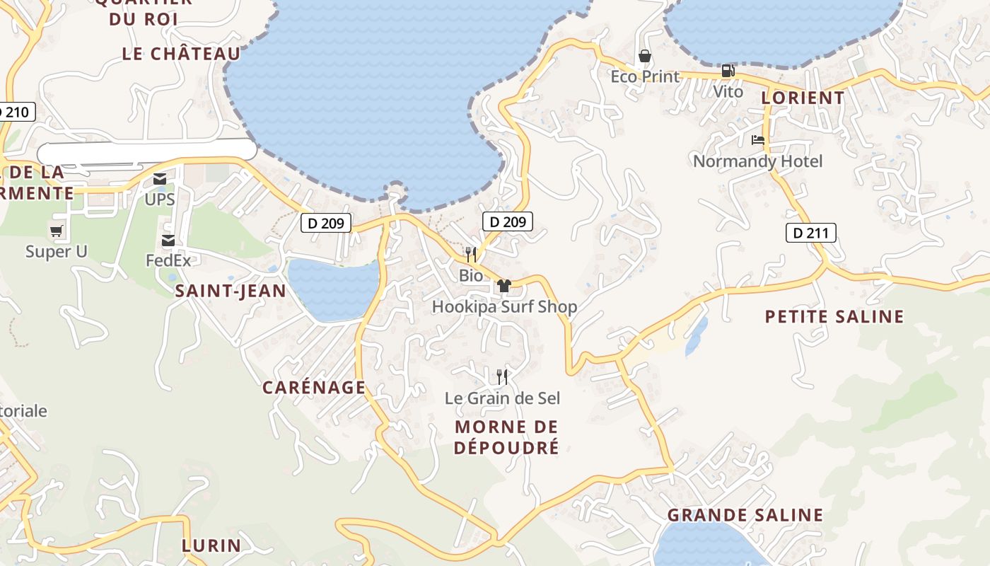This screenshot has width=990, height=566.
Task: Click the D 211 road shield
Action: coord(811,233)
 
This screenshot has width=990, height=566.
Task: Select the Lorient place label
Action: coord(803,98)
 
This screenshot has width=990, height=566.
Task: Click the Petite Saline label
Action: coord(834,316)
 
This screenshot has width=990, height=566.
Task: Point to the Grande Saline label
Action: coord(745,515)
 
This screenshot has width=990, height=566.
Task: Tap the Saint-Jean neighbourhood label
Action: coord(231,291)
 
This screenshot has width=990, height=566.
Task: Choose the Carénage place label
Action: coord(314,387)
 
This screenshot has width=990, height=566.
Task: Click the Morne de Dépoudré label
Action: coord(506,437)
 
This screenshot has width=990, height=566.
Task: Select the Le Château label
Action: coord(181,54)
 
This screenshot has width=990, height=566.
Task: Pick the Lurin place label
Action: coord(211,545)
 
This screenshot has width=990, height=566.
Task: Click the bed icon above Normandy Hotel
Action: coord(758,140)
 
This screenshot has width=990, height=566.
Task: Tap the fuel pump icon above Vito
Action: coord(728,71)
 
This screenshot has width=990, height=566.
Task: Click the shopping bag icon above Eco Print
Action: coord(645,56)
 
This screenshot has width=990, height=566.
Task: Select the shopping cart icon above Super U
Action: coord(57,231)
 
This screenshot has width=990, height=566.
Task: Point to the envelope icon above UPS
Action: coord(160,180)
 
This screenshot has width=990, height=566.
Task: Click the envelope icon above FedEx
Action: coord(168,241)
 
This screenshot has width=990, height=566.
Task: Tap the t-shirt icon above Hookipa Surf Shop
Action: coord(503,286)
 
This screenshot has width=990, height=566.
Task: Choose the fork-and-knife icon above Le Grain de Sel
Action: coord(502,376)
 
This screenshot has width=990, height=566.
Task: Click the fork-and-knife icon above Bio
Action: coord(471,254)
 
